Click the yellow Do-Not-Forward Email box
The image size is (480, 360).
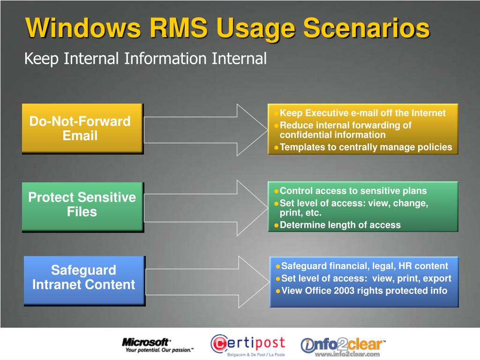[x=82, y=128]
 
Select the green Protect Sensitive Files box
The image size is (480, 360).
[x=82, y=205]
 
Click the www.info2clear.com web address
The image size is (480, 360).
[x=346, y=355]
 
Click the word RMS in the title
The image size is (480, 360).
[x=178, y=28]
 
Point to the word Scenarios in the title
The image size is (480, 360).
[x=366, y=28]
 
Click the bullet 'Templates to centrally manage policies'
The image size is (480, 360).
[x=366, y=147]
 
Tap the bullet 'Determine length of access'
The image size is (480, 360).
[x=340, y=225]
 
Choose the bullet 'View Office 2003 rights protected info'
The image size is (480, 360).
[x=364, y=291]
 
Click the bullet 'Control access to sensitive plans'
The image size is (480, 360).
[x=353, y=191]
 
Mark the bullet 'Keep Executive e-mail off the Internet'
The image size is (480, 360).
[x=362, y=113]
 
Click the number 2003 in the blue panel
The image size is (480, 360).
[x=344, y=291]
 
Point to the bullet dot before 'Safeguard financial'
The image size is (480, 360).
[x=278, y=266]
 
